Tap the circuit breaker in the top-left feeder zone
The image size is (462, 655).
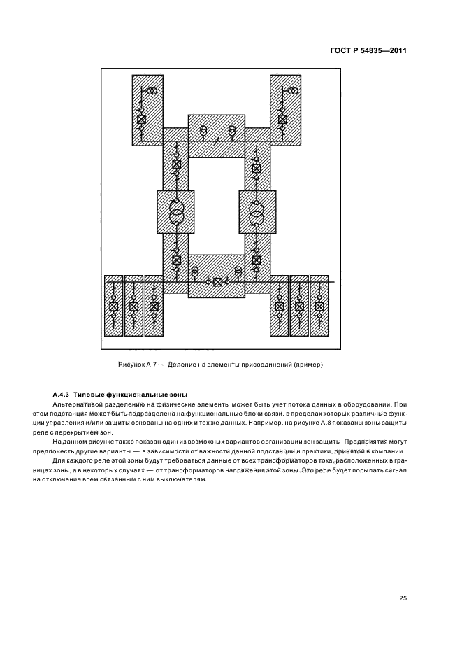pyautogui.click(x=140, y=120)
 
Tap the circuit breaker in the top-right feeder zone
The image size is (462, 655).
pyautogui.click(x=282, y=120)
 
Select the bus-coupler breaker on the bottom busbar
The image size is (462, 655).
pyautogui.click(x=218, y=282)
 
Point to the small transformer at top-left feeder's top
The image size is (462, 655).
pyautogui.click(x=151, y=91)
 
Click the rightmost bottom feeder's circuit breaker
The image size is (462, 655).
pyautogui.click(x=319, y=307)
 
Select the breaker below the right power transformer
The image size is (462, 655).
pyautogui.click(x=257, y=260)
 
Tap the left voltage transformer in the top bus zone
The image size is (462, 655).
pyautogui.click(x=203, y=131)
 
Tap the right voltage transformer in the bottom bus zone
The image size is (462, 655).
pyautogui.click(x=238, y=270)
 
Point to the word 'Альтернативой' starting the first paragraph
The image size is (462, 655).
pyautogui.click(x=78, y=405)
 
